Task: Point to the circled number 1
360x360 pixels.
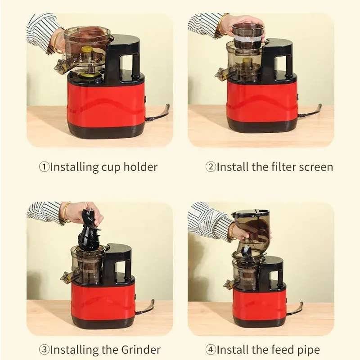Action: point(44,167)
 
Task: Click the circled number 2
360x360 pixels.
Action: point(211,167)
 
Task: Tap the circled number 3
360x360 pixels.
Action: point(44,349)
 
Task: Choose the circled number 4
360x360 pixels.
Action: point(211,349)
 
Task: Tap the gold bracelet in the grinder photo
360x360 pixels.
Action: point(66,212)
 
